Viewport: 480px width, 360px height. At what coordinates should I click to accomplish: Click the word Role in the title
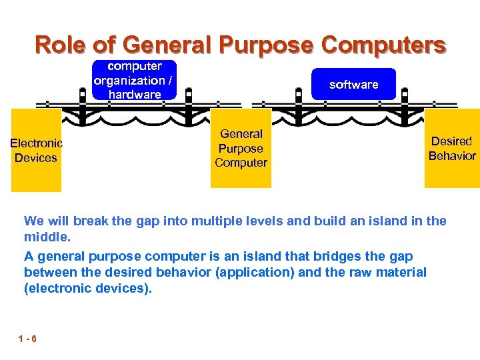coord(62,45)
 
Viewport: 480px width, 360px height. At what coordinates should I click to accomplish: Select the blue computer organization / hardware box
coord(135,80)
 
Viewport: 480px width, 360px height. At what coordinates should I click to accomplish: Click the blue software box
coord(353,85)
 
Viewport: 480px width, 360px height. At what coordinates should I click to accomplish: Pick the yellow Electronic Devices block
coord(36,150)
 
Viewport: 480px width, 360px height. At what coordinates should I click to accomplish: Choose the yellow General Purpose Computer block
coord(241,149)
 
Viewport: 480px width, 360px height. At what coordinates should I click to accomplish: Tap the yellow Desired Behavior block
coord(451,148)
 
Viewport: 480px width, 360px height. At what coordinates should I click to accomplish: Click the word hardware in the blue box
coord(135,95)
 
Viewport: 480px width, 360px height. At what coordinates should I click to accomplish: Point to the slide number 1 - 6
coord(28,339)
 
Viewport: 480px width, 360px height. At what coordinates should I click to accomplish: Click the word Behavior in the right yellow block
coord(451,156)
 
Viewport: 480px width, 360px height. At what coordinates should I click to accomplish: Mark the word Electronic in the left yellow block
coord(36,143)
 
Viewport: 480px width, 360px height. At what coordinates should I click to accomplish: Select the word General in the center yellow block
coord(241,134)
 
